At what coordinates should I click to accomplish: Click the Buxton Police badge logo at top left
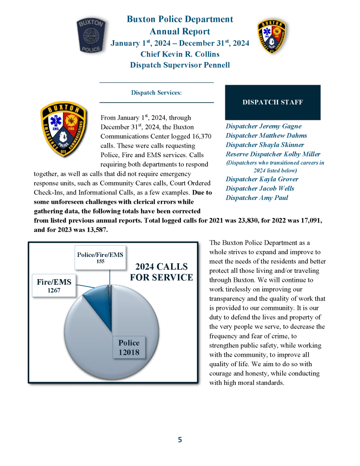click(x=93, y=36)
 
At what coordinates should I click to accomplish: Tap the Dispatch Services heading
click(x=156, y=92)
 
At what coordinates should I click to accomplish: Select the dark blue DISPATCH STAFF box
click(x=273, y=102)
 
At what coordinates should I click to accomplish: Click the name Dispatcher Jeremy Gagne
click(x=264, y=126)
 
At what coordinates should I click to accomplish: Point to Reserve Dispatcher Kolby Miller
click(x=273, y=154)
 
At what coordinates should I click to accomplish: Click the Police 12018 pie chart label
click(x=129, y=348)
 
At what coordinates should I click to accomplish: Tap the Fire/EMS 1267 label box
click(x=54, y=286)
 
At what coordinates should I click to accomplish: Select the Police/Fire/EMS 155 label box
click(x=100, y=257)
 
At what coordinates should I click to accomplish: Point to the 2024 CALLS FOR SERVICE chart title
click(x=162, y=272)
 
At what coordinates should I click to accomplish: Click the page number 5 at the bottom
click(x=180, y=440)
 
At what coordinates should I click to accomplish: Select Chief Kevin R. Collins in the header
click(x=180, y=54)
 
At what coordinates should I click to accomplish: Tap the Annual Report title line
click(x=180, y=31)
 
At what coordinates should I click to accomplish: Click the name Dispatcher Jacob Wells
click(x=260, y=189)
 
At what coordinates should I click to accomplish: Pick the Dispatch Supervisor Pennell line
click(x=180, y=65)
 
